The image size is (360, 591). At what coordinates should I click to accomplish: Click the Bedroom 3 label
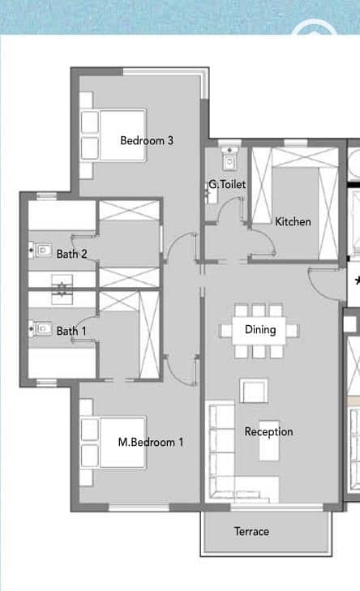point(147,140)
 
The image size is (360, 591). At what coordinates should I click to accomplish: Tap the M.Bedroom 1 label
point(151,442)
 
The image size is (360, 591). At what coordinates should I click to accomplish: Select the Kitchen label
point(293,221)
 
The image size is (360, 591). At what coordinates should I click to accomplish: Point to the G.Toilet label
point(227,184)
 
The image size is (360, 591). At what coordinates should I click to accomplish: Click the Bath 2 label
point(71,254)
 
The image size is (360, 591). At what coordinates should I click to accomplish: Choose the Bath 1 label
point(71,331)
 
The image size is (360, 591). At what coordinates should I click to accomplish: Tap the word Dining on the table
point(260,330)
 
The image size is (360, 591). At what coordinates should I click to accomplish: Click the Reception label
point(268,432)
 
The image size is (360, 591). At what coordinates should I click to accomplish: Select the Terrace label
point(251,532)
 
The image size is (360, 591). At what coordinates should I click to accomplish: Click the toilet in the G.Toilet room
point(229,158)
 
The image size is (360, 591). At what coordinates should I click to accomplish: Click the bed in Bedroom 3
point(113,135)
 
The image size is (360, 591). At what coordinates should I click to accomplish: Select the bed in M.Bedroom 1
point(113,442)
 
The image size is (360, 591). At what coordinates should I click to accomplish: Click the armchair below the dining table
point(254,391)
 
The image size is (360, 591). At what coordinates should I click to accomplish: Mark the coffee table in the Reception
point(269,441)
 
